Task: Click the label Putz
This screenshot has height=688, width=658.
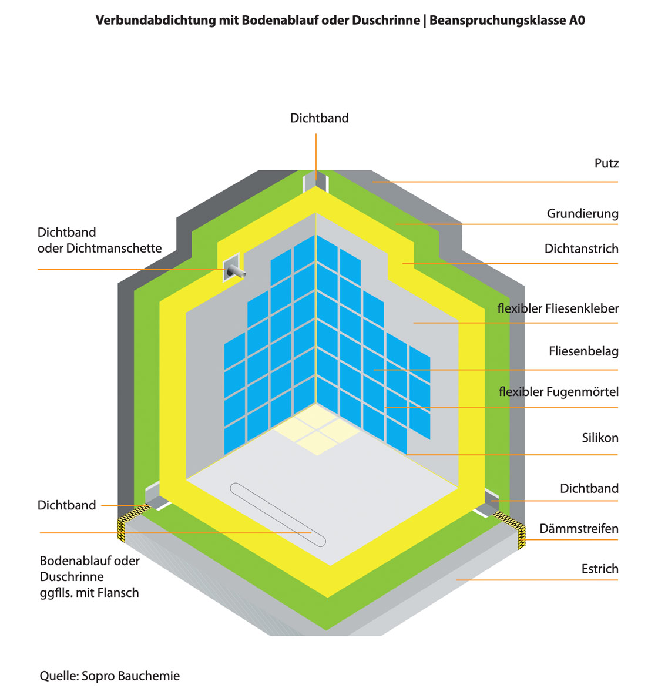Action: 606,163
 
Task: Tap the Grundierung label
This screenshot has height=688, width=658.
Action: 582,214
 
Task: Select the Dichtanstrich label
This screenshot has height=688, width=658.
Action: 581,249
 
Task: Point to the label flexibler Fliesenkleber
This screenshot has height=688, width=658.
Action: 558,308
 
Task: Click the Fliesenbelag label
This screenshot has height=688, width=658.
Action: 583,351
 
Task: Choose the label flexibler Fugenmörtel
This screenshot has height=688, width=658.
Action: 559,392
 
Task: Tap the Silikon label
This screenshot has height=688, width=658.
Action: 600,438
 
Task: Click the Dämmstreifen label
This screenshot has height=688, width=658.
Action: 579,529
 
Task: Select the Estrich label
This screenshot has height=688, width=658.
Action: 600,569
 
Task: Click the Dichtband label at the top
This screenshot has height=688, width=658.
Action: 320,118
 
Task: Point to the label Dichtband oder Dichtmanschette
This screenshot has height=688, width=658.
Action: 99,240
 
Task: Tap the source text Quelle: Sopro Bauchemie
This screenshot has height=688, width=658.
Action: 110,676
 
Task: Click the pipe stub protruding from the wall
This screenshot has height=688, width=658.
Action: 235,271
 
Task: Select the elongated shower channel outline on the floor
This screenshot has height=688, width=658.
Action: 278,515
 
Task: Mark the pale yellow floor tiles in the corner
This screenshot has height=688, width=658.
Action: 317,429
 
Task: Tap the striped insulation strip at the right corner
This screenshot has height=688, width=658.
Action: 512,528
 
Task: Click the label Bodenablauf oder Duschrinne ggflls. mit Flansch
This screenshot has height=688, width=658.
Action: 90,576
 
